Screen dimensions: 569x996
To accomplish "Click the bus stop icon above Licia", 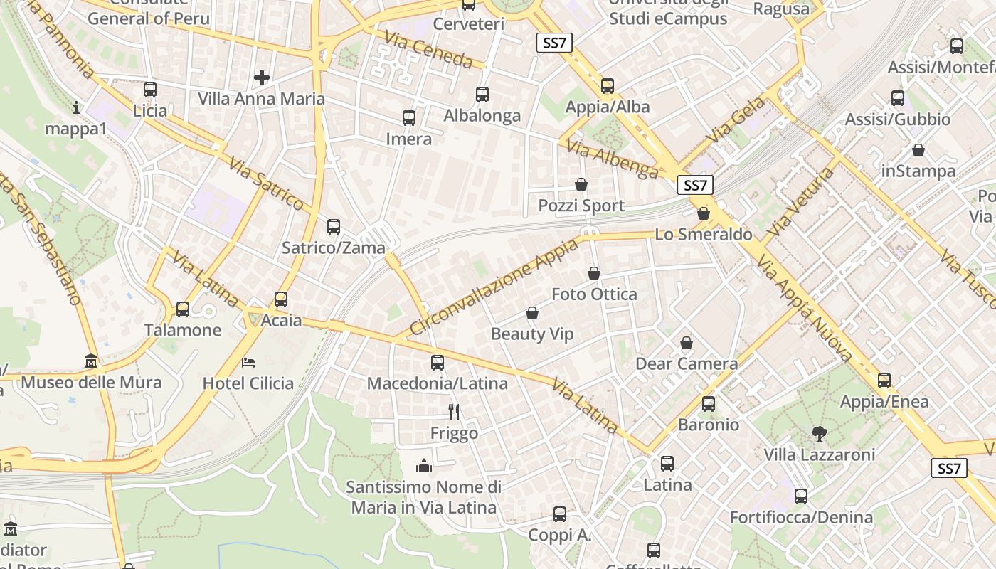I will pyautogui.click(x=149, y=90).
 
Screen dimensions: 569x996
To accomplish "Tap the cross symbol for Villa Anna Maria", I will pyautogui.click(x=262, y=77).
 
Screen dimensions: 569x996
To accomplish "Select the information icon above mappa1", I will pyautogui.click(x=76, y=108).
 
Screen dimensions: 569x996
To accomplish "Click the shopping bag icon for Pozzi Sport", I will pyautogui.click(x=581, y=185).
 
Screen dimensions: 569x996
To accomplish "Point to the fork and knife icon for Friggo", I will pyautogui.click(x=454, y=411).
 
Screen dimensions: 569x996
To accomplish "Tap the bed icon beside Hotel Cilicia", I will pyautogui.click(x=248, y=363).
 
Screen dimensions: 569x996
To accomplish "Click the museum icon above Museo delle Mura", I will pyautogui.click(x=91, y=361).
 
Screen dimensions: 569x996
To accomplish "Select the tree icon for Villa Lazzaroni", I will pyautogui.click(x=819, y=433).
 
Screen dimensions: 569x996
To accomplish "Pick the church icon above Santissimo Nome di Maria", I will pyautogui.click(x=424, y=466).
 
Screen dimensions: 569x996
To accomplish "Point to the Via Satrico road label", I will pyautogui.click(x=267, y=184).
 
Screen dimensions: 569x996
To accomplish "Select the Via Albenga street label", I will pyautogui.click(x=613, y=159).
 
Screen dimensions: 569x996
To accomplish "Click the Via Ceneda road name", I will pyautogui.click(x=428, y=49).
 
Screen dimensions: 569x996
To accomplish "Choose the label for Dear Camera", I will pyautogui.click(x=687, y=364).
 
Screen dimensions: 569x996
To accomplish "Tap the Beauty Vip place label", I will pyautogui.click(x=532, y=334).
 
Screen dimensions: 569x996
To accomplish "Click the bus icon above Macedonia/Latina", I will pyautogui.click(x=438, y=363).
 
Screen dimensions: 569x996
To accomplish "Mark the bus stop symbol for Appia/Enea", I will pyautogui.click(x=884, y=381).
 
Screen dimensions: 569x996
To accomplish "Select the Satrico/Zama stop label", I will pyautogui.click(x=334, y=248).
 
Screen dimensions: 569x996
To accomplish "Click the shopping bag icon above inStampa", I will pyautogui.click(x=918, y=151).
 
